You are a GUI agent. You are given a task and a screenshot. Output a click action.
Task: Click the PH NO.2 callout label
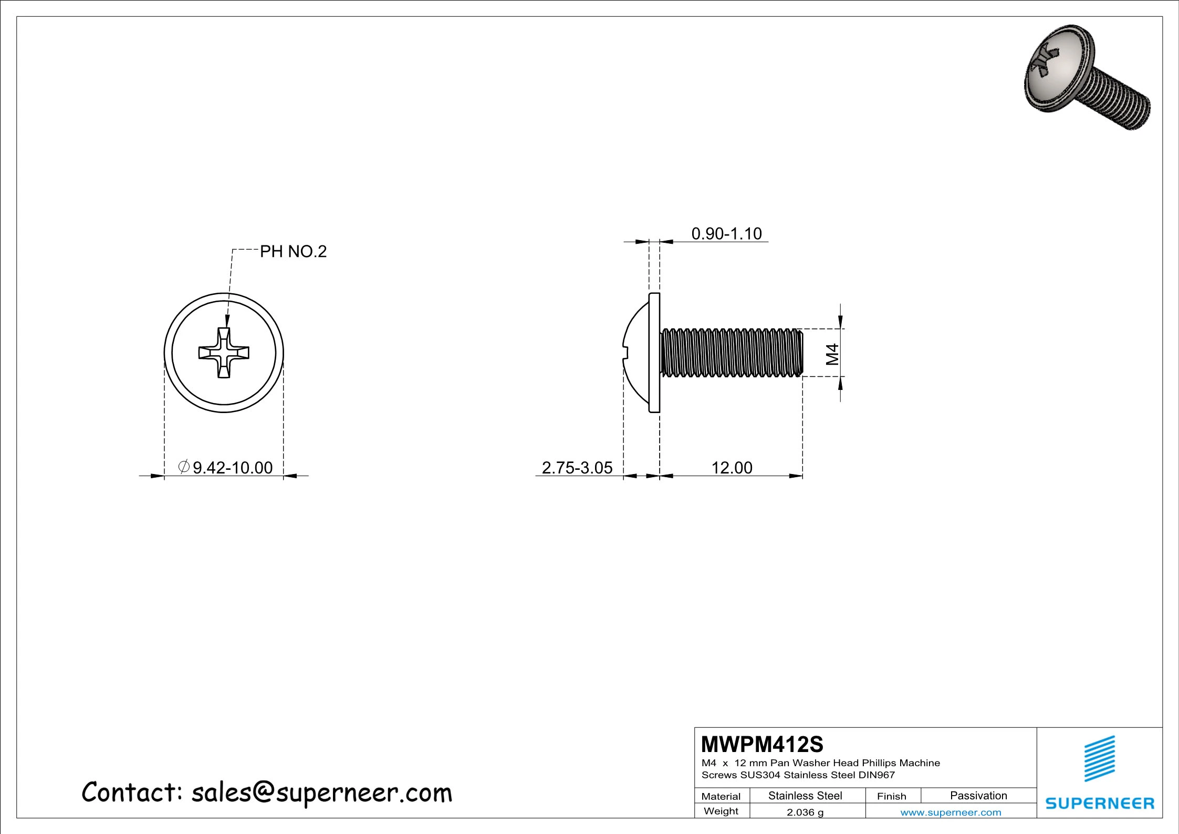pyautogui.click(x=293, y=252)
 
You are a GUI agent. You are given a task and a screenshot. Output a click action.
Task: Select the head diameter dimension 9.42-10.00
pyautogui.click(x=232, y=467)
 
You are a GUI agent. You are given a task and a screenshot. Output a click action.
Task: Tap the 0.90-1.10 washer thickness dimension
pyautogui.click(x=726, y=234)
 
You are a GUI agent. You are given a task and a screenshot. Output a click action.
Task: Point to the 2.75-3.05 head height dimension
pyautogui.click(x=577, y=467)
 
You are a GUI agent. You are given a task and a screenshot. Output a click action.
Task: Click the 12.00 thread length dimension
pyautogui.click(x=732, y=467)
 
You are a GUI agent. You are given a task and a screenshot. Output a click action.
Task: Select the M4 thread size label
pyautogui.click(x=832, y=354)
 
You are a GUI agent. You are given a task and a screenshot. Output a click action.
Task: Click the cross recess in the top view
pyautogui.click(x=224, y=353)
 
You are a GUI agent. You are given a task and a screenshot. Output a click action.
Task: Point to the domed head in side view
pyautogui.click(x=637, y=353)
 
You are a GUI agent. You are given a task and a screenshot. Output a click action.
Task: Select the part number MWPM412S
pyautogui.click(x=762, y=744)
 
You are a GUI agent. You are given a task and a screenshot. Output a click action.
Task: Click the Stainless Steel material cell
pyautogui.click(x=805, y=796)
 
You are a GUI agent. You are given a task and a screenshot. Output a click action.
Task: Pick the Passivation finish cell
pyautogui.click(x=978, y=796)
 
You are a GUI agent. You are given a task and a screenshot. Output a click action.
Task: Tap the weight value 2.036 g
pyautogui.click(x=805, y=812)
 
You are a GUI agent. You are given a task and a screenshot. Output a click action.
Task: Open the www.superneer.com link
pyautogui.click(x=951, y=812)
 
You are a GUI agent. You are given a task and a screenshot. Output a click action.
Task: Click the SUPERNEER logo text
pyautogui.click(x=1100, y=803)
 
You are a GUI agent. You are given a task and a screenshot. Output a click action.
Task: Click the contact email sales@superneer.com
pyautogui.click(x=321, y=792)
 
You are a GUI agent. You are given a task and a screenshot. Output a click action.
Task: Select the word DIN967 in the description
pyautogui.click(x=877, y=775)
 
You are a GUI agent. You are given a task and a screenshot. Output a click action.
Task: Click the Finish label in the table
pyautogui.click(x=891, y=796)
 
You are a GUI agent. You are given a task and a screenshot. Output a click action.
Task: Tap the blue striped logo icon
pyautogui.click(x=1100, y=758)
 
